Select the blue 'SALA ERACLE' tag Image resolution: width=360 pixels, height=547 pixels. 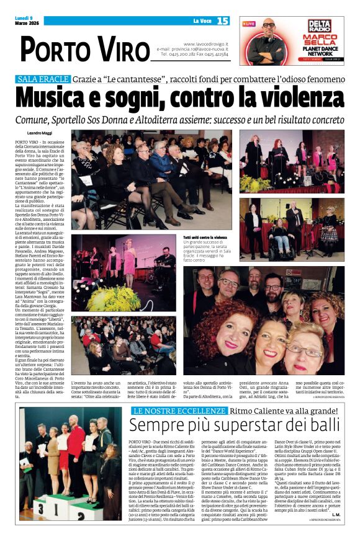(43, 79)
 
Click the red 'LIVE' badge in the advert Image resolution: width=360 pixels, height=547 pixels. (249, 24)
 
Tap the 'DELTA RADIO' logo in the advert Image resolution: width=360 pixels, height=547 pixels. (319, 27)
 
